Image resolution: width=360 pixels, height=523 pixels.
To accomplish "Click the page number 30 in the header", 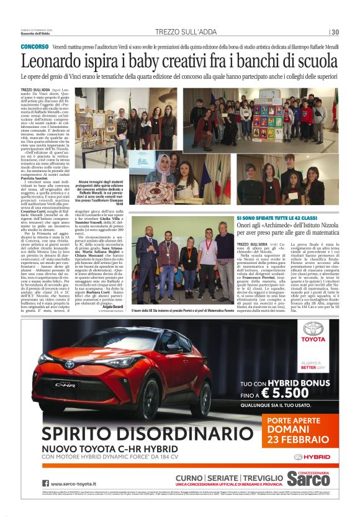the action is (x=335, y=32).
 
